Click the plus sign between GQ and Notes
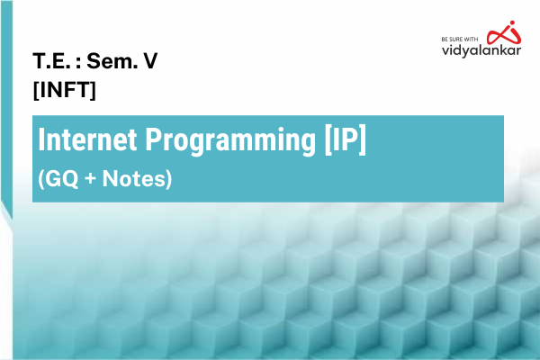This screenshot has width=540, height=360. tap(86, 179)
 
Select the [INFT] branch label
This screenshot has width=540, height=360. tap(64, 90)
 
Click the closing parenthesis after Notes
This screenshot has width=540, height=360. tap(167, 180)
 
